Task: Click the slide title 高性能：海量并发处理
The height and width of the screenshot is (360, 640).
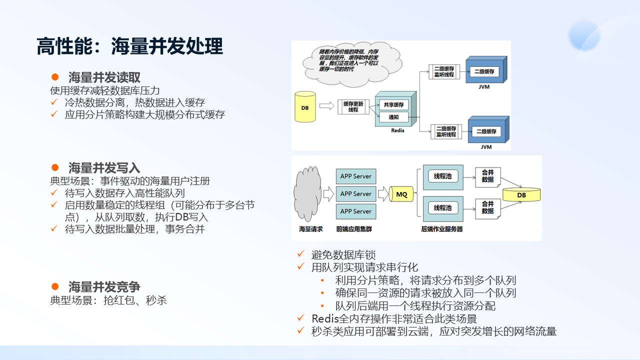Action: pyautogui.click(x=130, y=46)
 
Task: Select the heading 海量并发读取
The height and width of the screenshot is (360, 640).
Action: pyautogui.click(x=104, y=77)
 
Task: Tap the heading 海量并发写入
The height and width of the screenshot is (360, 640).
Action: pyautogui.click(x=104, y=167)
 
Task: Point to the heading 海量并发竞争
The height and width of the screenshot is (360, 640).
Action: pyautogui.click(x=104, y=286)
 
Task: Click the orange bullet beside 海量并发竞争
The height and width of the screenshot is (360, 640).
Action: pyautogui.click(x=55, y=286)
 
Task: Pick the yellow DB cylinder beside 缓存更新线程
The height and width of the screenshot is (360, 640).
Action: pyautogui.click(x=305, y=107)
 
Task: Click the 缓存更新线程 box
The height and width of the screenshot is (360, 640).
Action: pyautogui.click(x=353, y=106)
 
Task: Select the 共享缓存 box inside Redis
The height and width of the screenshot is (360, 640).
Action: pyautogui.click(x=393, y=105)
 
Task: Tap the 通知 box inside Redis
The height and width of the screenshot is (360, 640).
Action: pyautogui.click(x=393, y=117)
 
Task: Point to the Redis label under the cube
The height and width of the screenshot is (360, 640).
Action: pyautogui.click(x=397, y=130)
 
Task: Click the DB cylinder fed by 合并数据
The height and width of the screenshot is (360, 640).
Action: pyautogui.click(x=521, y=195)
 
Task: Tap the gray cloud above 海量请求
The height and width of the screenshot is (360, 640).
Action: pyautogui.click(x=308, y=195)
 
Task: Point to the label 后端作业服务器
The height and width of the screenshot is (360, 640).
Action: pyautogui.click(x=442, y=229)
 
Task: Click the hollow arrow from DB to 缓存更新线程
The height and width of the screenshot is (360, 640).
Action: pyautogui.click(x=326, y=106)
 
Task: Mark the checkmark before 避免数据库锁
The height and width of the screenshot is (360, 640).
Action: pyautogui.click(x=300, y=254)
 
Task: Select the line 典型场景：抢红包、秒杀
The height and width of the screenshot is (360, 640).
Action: pyautogui.click(x=108, y=300)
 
